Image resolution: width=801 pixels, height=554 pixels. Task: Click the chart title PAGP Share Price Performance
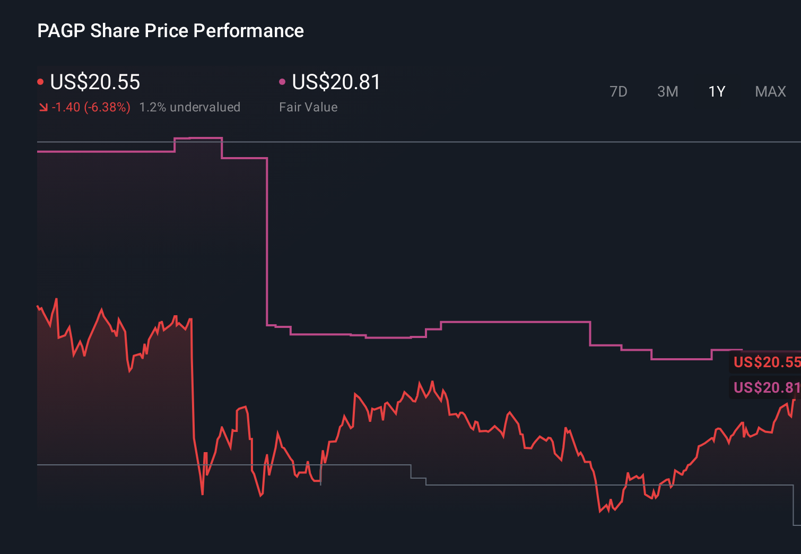coord(170,31)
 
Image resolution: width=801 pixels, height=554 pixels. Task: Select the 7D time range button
coord(618,92)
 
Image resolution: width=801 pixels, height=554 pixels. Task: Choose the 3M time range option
coord(667,92)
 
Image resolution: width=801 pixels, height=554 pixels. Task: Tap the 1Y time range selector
coord(717,92)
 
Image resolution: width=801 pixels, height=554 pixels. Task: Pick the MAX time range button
coord(770,92)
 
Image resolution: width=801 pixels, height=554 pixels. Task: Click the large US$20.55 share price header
coord(95,82)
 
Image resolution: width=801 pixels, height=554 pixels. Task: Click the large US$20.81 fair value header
coord(336,82)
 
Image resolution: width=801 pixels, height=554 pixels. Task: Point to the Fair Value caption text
coord(308,107)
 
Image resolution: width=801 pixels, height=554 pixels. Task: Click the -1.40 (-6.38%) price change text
coord(91,107)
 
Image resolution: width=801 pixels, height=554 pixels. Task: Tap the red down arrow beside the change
coord(43,108)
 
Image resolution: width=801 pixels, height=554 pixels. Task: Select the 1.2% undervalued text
coord(189,107)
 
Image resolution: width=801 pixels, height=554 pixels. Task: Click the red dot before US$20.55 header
coord(40,82)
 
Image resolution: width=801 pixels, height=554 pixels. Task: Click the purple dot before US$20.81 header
coord(282,82)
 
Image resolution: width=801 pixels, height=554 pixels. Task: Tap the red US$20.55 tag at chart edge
coord(766,362)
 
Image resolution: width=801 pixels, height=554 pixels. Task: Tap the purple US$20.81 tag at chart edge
coord(766,387)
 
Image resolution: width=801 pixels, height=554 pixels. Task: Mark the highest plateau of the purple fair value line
coord(198,138)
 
